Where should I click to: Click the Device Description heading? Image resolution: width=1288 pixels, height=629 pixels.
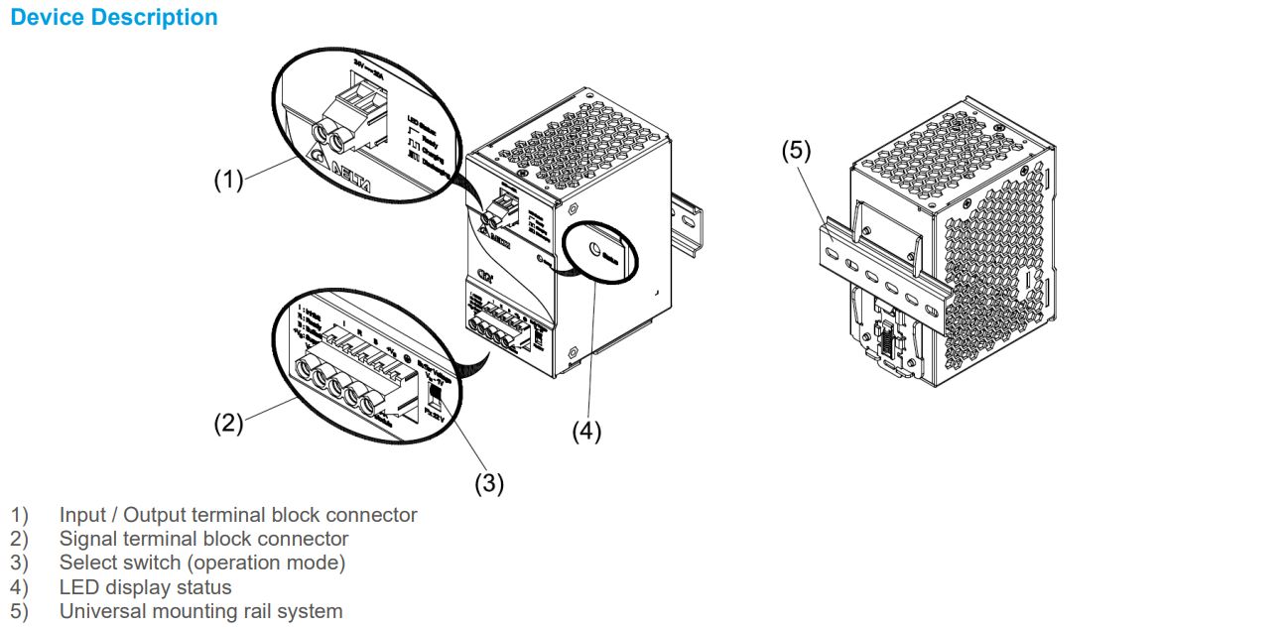point(113,18)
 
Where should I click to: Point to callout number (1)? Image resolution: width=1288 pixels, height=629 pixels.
point(228,180)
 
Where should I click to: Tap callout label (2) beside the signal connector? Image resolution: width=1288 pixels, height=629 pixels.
point(228,423)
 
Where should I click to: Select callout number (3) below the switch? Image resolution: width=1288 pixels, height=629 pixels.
point(488,483)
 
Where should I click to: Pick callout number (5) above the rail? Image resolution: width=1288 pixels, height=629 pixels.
point(796,151)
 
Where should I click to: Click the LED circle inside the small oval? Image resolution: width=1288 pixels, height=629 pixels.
point(593,251)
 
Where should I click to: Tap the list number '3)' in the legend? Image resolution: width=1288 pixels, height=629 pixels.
point(20,563)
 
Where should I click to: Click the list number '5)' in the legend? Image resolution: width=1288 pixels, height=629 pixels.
point(20,611)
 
